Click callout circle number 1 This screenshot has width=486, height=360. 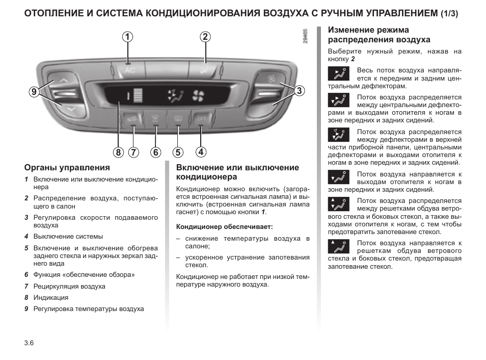pyautogui.click(x=127, y=37)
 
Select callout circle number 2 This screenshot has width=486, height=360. pyautogui.click(x=205, y=37)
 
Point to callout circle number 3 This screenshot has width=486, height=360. pyautogui.click(x=298, y=91)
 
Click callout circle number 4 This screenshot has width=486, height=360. pyautogui.click(x=201, y=151)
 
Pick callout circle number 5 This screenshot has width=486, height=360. pyautogui.click(x=177, y=151)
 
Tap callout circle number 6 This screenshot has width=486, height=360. pyautogui.click(x=155, y=151)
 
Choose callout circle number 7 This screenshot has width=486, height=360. pyautogui.click(x=133, y=151)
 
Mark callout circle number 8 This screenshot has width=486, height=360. pyautogui.click(x=118, y=151)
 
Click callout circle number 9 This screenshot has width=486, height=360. pyautogui.click(x=34, y=92)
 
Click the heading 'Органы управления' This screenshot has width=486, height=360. pyautogui.click(x=67, y=168)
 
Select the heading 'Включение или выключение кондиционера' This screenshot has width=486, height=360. pyautogui.click(x=237, y=172)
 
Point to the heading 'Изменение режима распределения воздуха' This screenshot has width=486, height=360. pyautogui.click(x=379, y=35)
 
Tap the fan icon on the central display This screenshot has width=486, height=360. pyautogui.click(x=197, y=95)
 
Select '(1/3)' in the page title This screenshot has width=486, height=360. pyautogui.click(x=449, y=14)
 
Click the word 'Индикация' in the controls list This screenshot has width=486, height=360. pyautogui.click(x=51, y=297)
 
